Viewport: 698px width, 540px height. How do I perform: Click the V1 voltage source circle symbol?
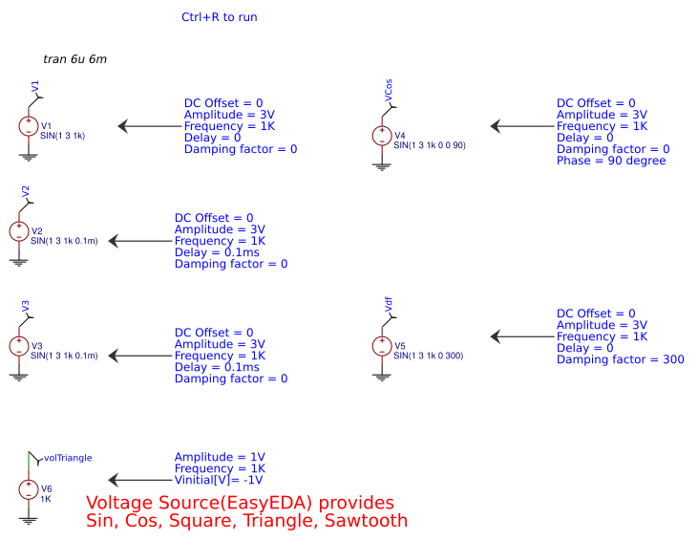click(29, 126)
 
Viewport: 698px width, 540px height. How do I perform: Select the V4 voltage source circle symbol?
click(382, 136)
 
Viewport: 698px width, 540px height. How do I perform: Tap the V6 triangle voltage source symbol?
click(29, 489)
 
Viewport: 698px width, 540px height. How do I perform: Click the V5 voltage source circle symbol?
click(382, 346)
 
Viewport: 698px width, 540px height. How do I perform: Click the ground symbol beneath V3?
click(18, 376)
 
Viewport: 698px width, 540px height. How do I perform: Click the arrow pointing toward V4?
click(520, 126)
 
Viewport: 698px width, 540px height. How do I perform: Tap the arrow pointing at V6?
click(138, 481)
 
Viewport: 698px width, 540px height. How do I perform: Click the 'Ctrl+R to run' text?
click(219, 17)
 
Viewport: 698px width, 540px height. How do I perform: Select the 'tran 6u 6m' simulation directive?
click(74, 59)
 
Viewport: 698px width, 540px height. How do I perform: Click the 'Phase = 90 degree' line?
click(611, 161)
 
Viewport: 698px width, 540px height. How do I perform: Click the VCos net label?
click(389, 91)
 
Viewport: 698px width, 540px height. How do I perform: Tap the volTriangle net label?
click(68, 458)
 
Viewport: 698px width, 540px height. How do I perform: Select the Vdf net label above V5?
click(389, 305)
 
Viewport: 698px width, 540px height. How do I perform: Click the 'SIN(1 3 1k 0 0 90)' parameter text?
click(429, 145)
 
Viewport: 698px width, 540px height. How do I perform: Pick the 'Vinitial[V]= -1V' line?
click(218, 481)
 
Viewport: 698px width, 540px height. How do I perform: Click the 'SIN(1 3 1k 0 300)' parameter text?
click(428, 356)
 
